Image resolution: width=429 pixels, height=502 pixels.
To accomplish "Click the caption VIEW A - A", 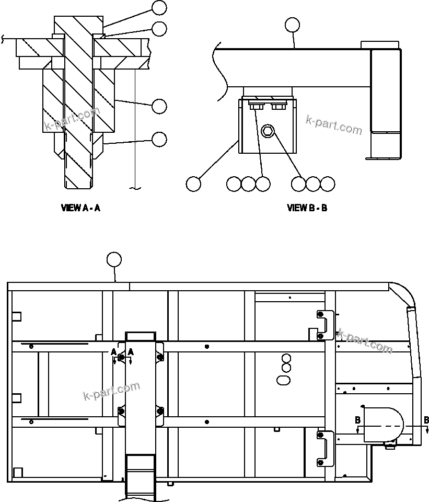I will (x=80, y=208).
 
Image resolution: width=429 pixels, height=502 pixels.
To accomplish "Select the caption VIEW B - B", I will (x=307, y=208).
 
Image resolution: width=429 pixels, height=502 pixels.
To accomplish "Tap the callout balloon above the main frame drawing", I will (x=114, y=259).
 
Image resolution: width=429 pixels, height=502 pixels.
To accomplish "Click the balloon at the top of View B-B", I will (x=292, y=25).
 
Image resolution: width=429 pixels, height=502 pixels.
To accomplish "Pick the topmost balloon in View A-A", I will (x=159, y=7).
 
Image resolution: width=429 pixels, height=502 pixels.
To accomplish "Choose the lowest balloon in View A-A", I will (x=159, y=139).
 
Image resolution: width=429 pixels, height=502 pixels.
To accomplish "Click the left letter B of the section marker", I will (x=357, y=420).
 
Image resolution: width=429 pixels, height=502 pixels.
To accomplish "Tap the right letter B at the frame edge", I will (x=426, y=420).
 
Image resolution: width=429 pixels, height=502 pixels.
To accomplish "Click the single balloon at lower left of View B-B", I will (x=193, y=184).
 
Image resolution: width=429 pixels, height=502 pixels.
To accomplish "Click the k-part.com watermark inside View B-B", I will (x=333, y=125).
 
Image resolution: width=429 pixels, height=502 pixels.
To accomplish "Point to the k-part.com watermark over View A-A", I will (x=72, y=120).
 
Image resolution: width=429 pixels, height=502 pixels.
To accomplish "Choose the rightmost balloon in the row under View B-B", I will (x=327, y=184).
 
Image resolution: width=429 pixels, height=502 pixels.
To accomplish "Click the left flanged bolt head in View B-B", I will (x=256, y=107).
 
